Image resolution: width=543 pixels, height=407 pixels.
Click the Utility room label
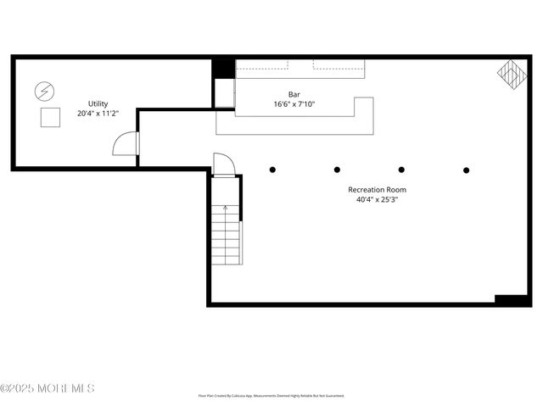98,103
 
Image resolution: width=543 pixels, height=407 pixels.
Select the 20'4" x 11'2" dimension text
98,113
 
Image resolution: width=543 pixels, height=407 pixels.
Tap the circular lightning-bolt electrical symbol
42,90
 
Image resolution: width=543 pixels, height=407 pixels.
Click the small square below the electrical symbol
51,118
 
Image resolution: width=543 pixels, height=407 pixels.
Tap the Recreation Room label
378,190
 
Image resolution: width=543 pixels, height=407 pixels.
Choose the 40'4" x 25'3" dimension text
378,200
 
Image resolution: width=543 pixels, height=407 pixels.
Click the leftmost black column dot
272,170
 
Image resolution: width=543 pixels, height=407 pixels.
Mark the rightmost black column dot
466,170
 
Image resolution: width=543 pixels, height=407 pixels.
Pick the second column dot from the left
337,170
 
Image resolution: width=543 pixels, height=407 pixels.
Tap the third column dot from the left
401,170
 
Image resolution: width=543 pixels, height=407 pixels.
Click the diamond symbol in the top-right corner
512,74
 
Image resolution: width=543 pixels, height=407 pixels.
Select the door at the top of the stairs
223,164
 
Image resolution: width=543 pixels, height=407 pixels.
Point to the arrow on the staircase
225,207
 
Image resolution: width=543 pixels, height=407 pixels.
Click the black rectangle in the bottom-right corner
512,299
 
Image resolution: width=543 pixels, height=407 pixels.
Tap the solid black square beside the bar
223,69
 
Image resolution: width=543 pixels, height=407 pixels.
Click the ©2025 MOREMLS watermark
47,388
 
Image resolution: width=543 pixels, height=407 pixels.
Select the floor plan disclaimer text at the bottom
271,396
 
